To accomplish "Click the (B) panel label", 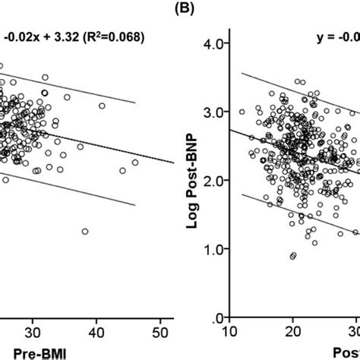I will (179, 8).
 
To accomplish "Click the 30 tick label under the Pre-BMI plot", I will (33, 332).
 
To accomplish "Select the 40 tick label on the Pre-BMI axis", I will (96, 332).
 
